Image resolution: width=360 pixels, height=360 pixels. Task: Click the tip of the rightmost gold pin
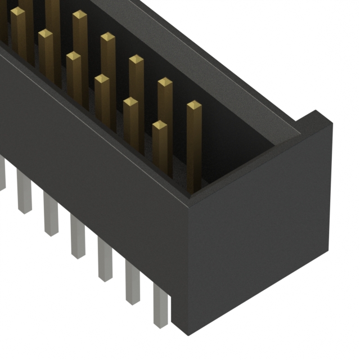tap(194, 105)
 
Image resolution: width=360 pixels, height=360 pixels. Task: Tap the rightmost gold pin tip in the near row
tap(160, 125)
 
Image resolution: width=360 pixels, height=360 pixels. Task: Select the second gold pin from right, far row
tap(165, 83)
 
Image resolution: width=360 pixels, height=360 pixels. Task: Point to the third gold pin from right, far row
tap(136, 59)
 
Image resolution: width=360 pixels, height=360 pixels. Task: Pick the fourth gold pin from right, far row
tap(107, 38)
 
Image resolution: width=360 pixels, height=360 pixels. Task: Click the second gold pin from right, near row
tap(130, 102)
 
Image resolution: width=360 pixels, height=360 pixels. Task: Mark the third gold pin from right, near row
tap(102, 79)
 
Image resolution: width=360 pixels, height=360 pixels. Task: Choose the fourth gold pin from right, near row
tap(74, 56)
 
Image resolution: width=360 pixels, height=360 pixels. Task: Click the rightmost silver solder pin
tap(160, 304)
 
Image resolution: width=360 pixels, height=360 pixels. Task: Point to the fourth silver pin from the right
tap(78, 238)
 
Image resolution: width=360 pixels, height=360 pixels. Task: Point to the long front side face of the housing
tap(96, 169)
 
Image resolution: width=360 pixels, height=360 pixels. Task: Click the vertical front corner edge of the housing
tap(188, 264)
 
